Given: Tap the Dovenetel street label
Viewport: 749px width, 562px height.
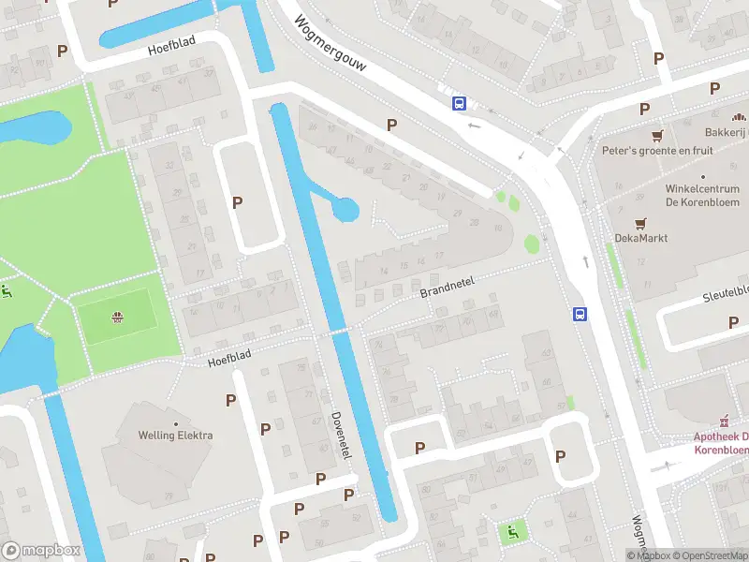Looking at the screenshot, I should (342, 435).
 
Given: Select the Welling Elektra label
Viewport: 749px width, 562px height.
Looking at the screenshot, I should (175, 435).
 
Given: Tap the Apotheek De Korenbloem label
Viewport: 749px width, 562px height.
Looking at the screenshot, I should (720, 443).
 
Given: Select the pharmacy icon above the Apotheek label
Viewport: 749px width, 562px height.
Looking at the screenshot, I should (724, 421).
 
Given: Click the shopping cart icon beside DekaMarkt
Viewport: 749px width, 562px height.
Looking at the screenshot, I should (640, 223).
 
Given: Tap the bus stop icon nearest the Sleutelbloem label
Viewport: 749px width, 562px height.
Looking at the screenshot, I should (580, 315).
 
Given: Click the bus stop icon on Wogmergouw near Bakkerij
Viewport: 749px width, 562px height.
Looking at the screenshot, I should (460, 103).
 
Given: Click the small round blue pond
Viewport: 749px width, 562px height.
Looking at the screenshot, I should (345, 209).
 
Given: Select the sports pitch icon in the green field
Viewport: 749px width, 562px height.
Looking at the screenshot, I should (118, 317).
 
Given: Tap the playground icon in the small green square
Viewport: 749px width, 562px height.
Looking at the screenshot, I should (512, 532).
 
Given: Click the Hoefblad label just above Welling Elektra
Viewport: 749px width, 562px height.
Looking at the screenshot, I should (230, 359).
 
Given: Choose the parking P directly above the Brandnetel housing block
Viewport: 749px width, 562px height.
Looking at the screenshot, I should (391, 125).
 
